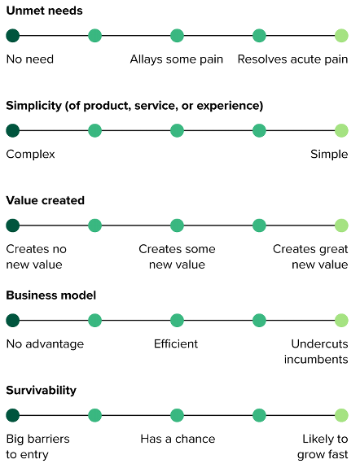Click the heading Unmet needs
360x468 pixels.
44,11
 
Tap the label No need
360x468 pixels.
30,59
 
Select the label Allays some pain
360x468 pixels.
177,59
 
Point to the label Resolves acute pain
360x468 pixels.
292,59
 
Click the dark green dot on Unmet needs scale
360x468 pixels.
12,36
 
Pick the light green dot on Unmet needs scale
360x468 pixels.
341,36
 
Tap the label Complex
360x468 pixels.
30,154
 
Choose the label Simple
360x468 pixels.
329,154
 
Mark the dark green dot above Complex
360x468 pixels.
12,130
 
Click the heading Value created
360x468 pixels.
45,200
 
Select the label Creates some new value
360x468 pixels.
177,256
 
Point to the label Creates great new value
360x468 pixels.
310,256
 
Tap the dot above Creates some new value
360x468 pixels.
177,225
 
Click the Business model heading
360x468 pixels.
52,295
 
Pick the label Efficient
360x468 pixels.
176,343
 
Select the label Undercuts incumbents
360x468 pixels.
319,352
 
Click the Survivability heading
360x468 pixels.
41,390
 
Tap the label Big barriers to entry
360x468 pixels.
37,446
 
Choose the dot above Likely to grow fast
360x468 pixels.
341,415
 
